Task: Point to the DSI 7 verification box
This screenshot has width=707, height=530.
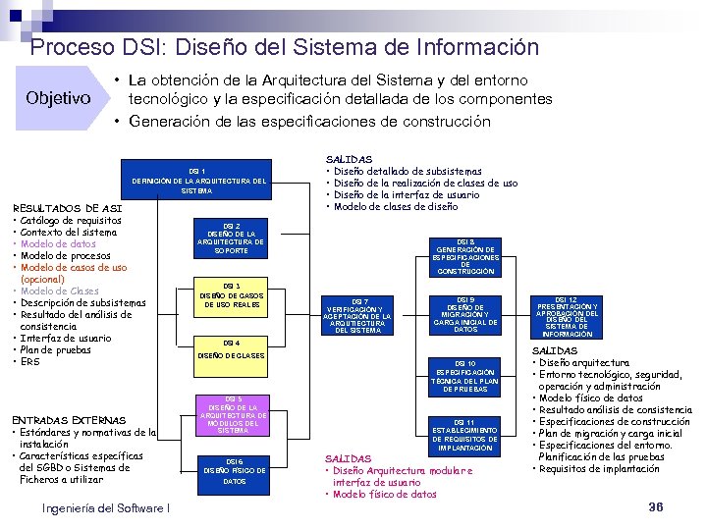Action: pyautogui.click(x=358, y=314)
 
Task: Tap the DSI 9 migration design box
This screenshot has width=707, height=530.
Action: pyautogui.click(x=465, y=314)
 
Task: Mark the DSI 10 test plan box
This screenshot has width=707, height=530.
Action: pyautogui.click(x=465, y=376)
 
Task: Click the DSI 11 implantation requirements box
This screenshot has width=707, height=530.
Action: pyautogui.click(x=465, y=434)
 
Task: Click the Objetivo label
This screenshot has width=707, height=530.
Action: pyautogui.click(x=58, y=98)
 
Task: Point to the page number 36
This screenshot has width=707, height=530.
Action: pyautogui.click(x=657, y=506)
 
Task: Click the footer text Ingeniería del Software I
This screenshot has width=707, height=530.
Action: pyautogui.click(x=107, y=507)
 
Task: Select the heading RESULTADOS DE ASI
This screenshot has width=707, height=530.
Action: pyautogui.click(x=65, y=208)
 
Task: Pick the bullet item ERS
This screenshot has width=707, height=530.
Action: pyautogui.click(x=28, y=362)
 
